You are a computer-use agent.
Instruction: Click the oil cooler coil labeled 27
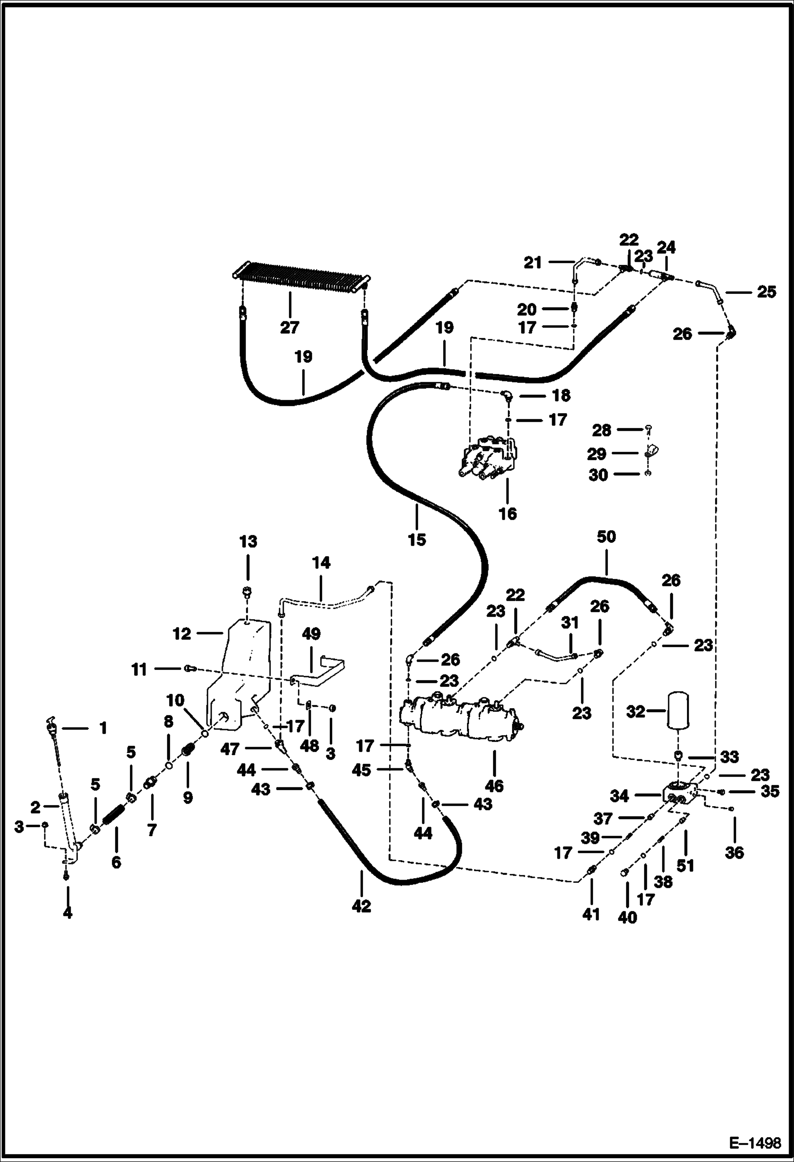click(301, 276)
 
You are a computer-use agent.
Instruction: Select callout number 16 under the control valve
click(508, 514)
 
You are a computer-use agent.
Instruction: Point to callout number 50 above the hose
click(606, 537)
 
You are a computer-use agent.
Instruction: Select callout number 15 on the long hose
click(417, 540)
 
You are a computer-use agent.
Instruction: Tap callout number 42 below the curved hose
click(361, 906)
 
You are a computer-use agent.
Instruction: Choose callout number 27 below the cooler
click(290, 327)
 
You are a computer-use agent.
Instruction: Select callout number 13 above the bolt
click(248, 542)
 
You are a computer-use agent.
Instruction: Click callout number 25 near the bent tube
click(766, 292)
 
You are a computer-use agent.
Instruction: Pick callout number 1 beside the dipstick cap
click(103, 728)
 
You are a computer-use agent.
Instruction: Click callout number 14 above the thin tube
click(321, 562)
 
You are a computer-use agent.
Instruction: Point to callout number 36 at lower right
click(734, 852)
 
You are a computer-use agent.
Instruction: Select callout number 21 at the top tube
click(533, 263)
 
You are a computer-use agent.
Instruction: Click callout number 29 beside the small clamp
click(597, 453)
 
